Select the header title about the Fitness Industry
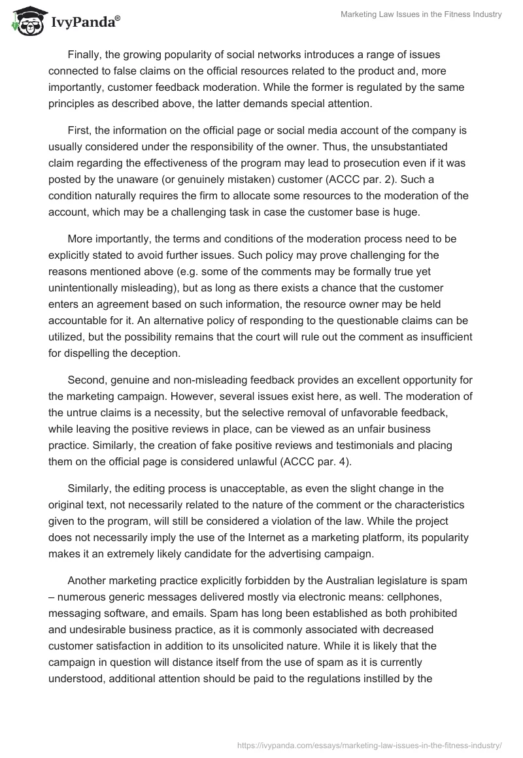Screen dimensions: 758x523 [x=420, y=15]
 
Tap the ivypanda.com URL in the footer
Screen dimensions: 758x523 [x=369, y=744]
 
